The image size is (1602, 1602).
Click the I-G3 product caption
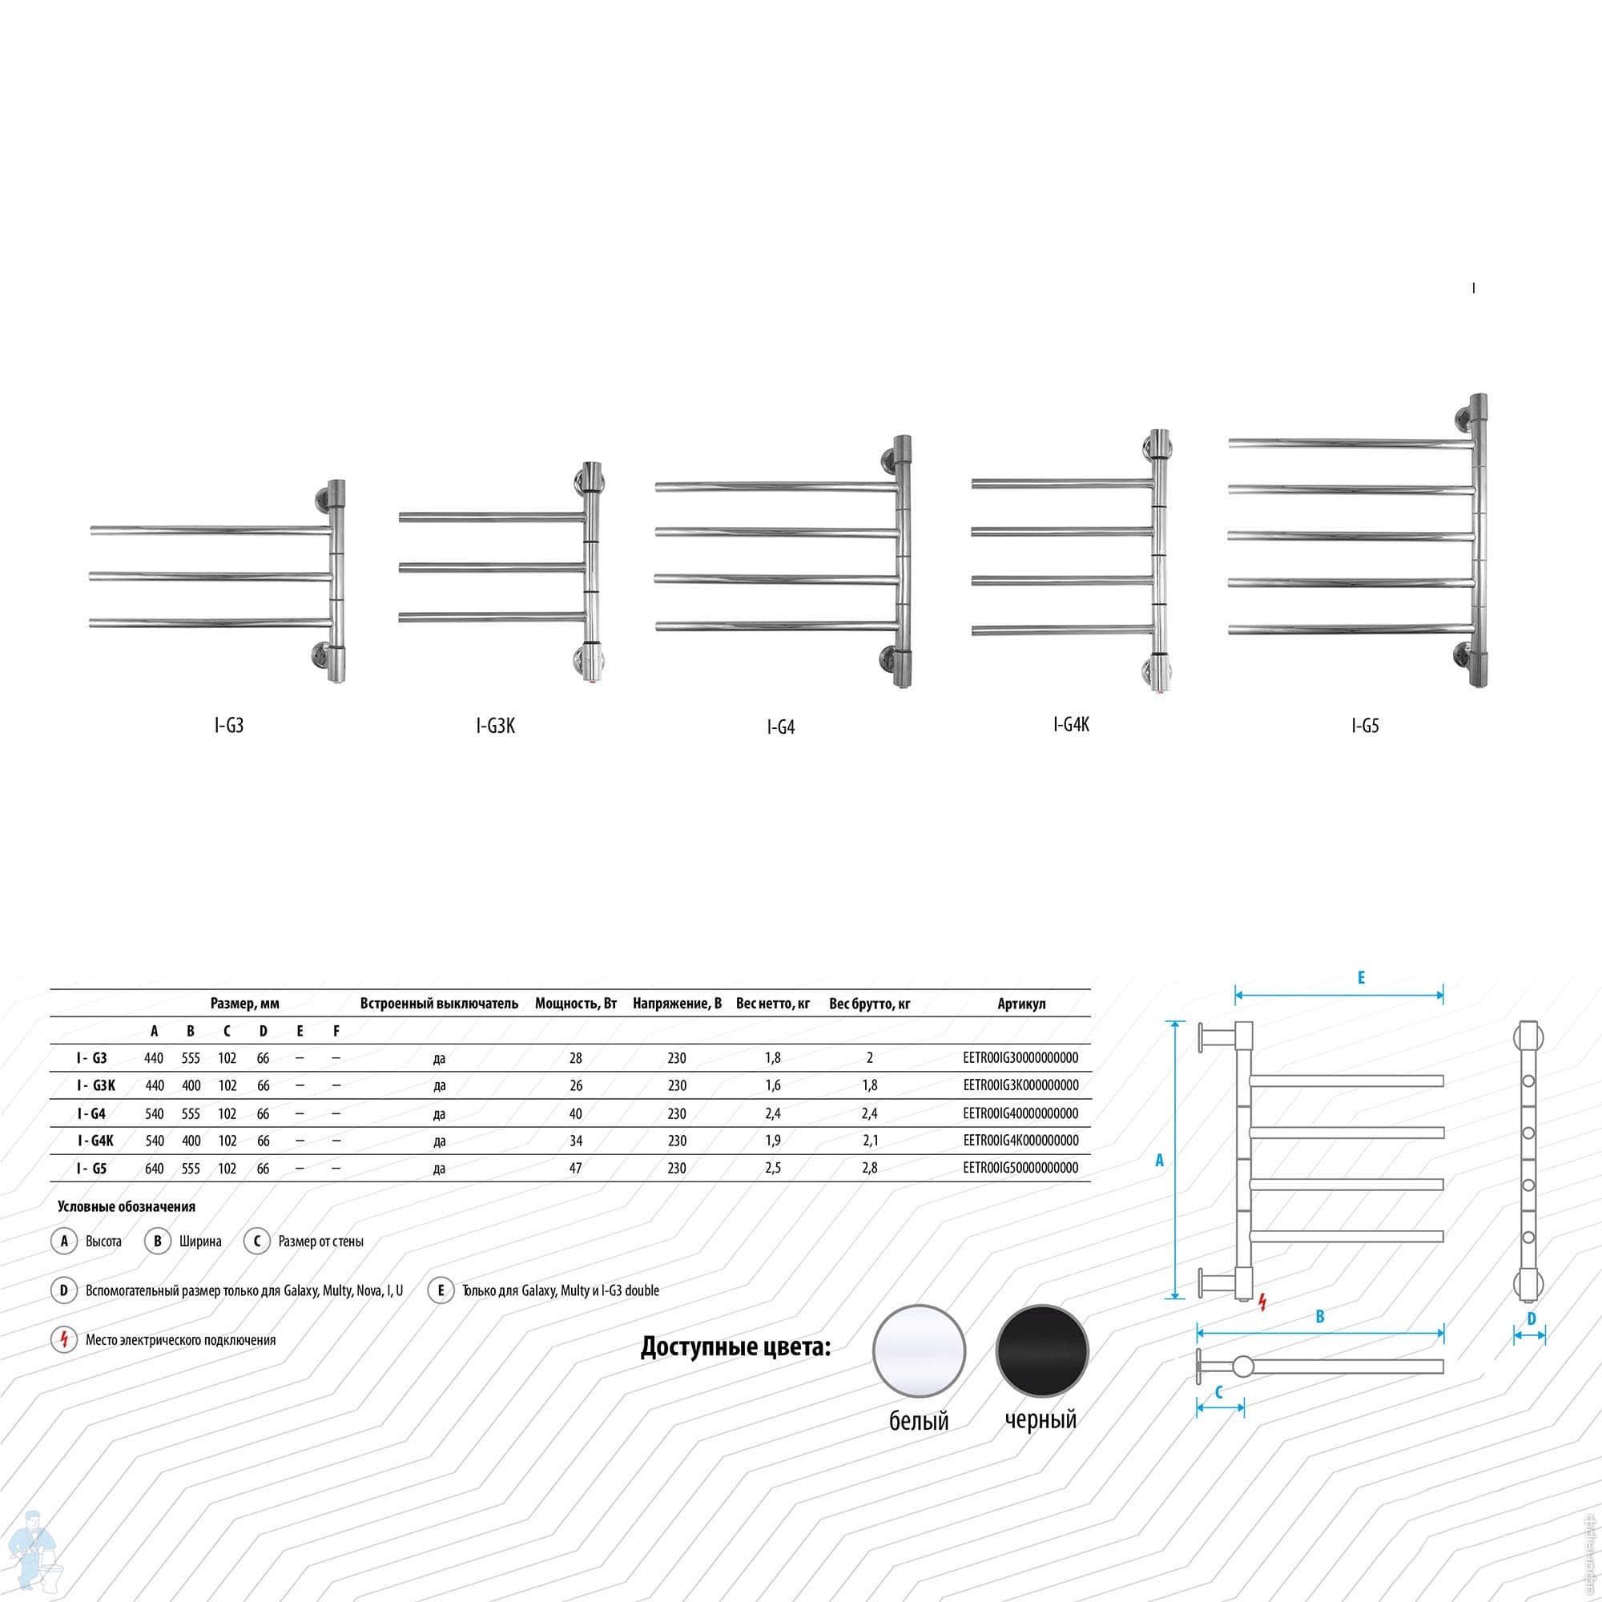click(x=229, y=726)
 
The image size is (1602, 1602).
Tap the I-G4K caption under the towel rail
click(x=1071, y=724)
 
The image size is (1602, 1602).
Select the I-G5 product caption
click(x=1365, y=727)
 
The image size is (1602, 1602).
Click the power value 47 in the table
click(x=575, y=1169)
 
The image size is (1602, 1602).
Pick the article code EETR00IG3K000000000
click(x=1020, y=1085)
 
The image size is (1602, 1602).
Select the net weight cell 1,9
click(x=773, y=1141)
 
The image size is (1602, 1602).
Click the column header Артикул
click(x=1021, y=1004)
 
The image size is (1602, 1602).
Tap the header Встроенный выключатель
click(x=439, y=1004)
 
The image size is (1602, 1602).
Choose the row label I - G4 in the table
click(x=91, y=1113)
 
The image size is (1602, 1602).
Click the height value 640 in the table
click(x=155, y=1169)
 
